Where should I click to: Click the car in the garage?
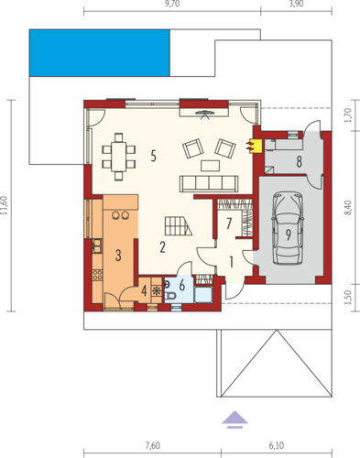288,228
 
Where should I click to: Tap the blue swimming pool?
100,53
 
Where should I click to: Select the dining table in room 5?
119,156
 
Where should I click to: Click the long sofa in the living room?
209,184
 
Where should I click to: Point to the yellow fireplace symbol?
256,146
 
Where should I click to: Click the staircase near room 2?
179,226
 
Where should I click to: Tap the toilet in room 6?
170,296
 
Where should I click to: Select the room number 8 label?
299,162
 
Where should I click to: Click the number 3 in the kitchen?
118,255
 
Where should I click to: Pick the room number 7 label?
229,224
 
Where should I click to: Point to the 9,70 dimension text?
172,4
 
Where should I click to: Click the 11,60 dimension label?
4,205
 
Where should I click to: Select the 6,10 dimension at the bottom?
277,445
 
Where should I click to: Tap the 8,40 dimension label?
348,208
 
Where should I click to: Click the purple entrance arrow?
235,420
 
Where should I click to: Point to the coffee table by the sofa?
210,166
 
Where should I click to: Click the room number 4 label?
144,290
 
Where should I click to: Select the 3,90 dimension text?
296,4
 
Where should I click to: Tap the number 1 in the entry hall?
232,262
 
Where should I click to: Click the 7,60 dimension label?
152,445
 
